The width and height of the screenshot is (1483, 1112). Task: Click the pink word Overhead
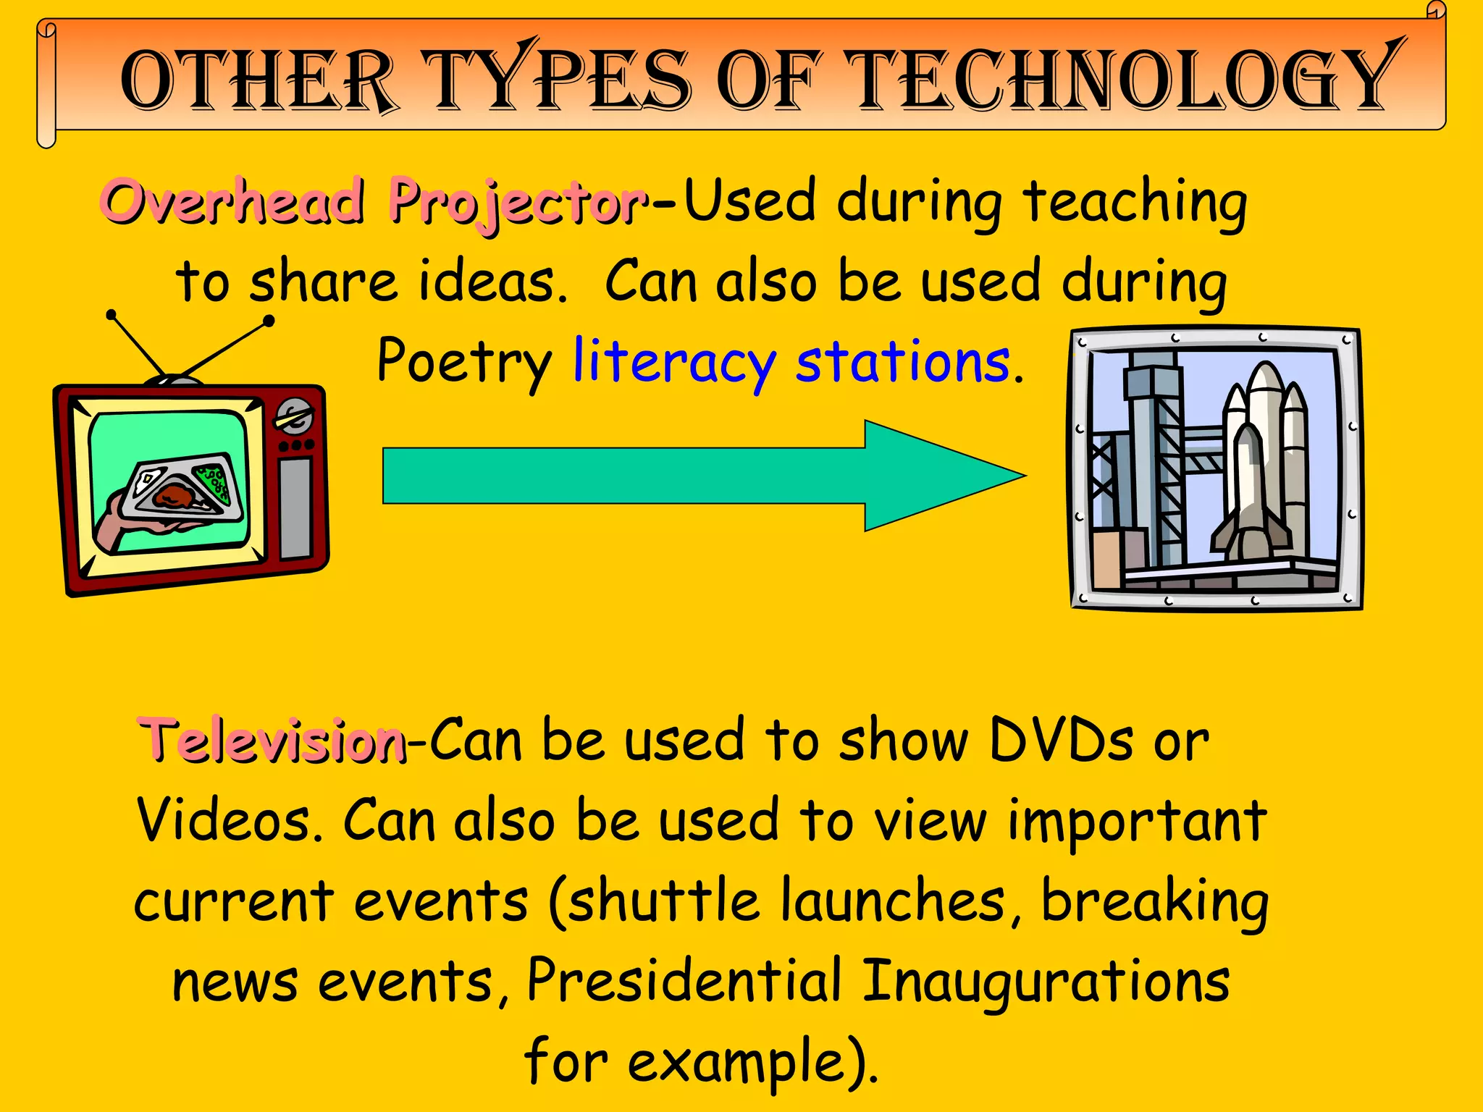coord(232,201)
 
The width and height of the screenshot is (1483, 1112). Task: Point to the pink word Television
coord(272,740)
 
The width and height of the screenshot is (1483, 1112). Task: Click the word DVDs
coord(1061,740)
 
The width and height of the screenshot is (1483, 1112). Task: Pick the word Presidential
coord(684,981)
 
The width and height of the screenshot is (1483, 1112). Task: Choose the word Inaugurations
coord(1046,981)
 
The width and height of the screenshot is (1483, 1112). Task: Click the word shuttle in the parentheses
coord(663,901)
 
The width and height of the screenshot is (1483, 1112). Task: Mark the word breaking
coord(1154,901)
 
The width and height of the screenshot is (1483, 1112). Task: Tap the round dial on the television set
coord(294,416)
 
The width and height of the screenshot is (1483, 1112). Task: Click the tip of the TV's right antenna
coord(269,320)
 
